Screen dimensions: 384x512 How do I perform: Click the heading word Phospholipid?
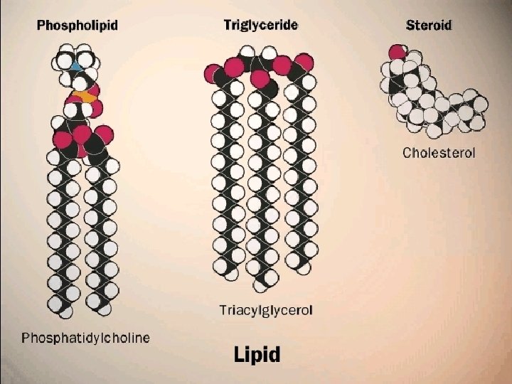(77, 26)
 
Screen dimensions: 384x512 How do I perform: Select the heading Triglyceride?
(261, 25)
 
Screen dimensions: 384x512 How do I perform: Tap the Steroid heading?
(428, 26)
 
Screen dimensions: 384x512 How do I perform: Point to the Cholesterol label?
(438, 152)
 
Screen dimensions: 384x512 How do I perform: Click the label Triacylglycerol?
(265, 310)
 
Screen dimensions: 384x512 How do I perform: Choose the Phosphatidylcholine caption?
(85, 337)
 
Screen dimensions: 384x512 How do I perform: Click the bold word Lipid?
(257, 355)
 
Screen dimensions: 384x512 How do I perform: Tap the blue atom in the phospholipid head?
(76, 66)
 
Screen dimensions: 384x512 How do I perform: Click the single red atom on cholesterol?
(397, 52)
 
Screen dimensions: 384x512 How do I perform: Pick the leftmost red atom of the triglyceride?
(213, 73)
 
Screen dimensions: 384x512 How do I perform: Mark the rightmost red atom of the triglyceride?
(304, 62)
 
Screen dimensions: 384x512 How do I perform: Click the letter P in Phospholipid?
(41, 26)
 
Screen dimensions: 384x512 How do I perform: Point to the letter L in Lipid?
(240, 354)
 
